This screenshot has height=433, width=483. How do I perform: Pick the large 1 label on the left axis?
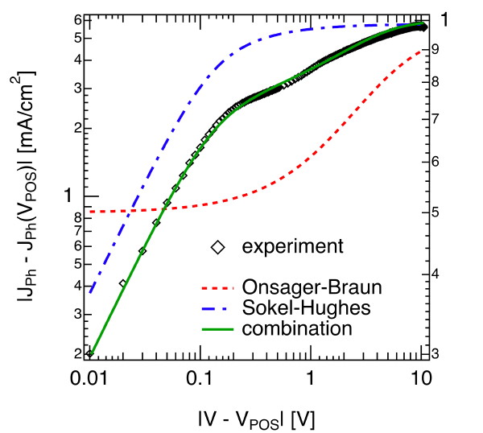click(x=71, y=196)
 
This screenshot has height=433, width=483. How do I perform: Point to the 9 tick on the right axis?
click(x=436, y=49)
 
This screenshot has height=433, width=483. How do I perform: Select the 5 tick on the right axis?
click(x=436, y=212)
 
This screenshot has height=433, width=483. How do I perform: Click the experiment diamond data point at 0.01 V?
click(x=90, y=353)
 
